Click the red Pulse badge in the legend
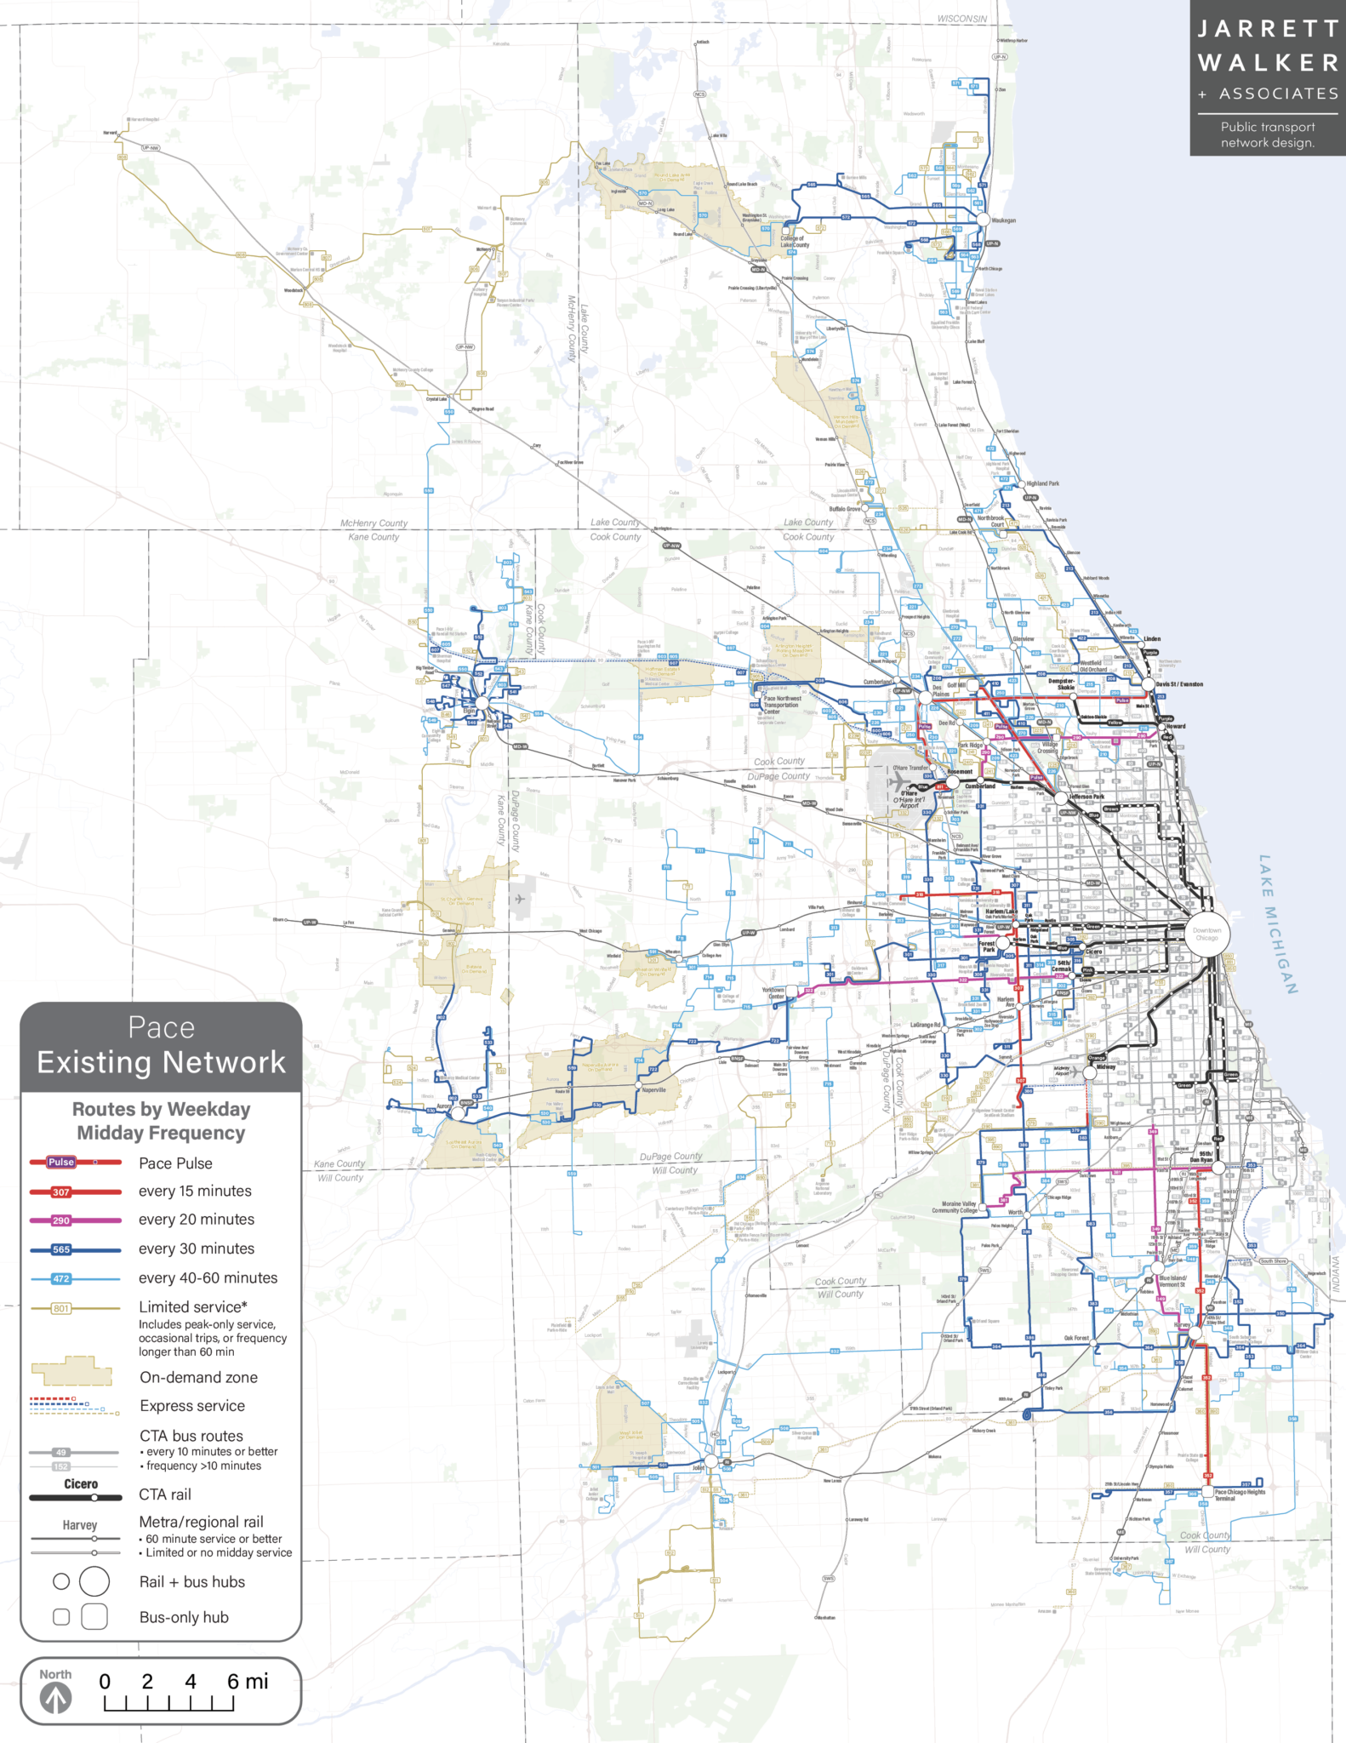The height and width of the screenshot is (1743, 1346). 61,1162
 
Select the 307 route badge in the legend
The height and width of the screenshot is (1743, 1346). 61,1192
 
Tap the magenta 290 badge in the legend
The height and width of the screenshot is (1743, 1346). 61,1220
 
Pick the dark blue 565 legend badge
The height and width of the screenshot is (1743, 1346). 61,1249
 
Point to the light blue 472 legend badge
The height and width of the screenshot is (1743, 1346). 61,1278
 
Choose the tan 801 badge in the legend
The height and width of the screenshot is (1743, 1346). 61,1308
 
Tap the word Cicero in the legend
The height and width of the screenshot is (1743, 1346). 81,1484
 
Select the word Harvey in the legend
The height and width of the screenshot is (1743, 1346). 80,1525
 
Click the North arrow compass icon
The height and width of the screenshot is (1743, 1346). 56,1699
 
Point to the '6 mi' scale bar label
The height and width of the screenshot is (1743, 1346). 247,1681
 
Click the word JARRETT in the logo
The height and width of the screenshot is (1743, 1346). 1268,30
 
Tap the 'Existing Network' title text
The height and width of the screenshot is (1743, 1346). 162,1062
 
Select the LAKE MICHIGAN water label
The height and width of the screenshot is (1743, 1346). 1278,923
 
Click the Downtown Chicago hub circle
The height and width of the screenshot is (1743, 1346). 1206,934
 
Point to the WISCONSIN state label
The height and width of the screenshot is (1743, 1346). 962,19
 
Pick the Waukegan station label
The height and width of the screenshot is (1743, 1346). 1004,220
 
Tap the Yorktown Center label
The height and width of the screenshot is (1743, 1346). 773,993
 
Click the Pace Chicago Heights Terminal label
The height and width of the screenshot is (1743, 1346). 1240,1494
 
